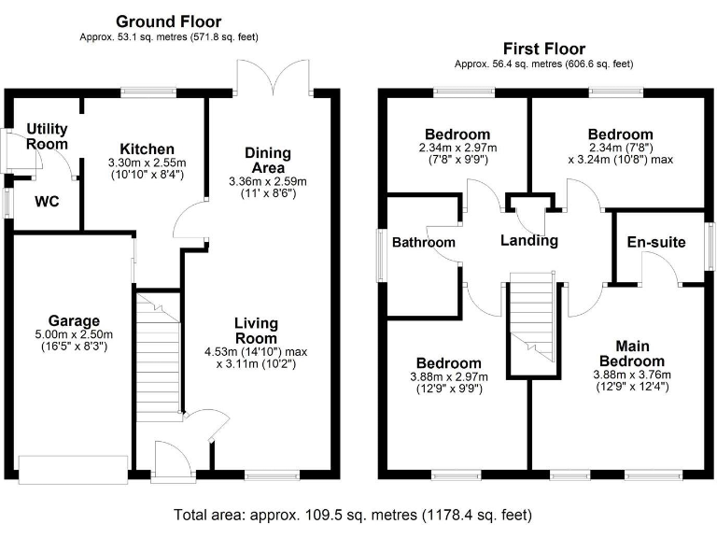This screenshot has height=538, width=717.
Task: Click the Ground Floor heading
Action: tap(169, 21)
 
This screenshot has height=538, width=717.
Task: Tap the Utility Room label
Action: tap(47, 136)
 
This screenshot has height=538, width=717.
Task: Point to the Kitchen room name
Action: tap(148, 149)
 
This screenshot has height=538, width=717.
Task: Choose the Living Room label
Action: tap(255, 331)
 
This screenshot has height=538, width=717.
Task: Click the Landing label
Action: tap(528, 240)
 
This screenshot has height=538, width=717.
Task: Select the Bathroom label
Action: tap(423, 243)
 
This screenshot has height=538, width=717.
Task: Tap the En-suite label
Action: tap(655, 242)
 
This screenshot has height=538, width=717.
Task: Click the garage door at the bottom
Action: tap(73, 470)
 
